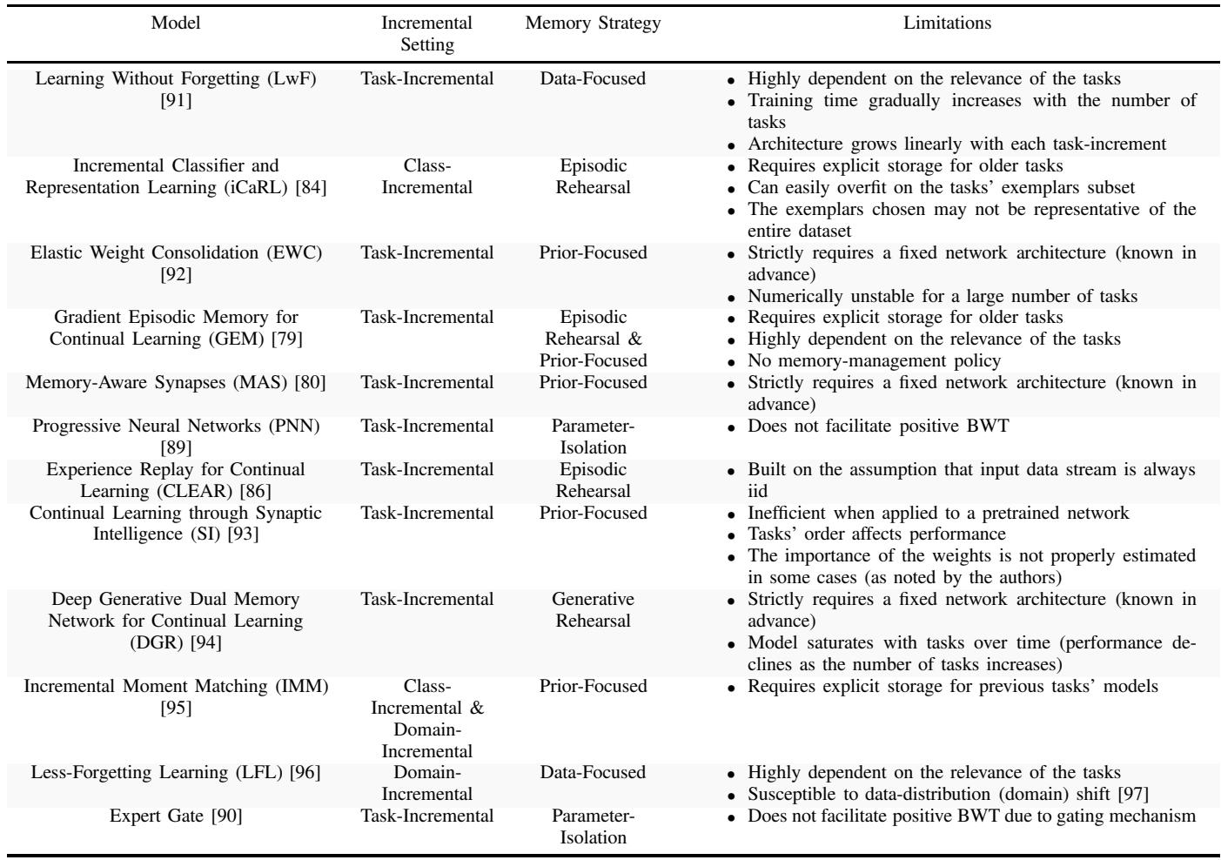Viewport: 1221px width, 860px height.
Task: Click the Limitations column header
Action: pos(947,24)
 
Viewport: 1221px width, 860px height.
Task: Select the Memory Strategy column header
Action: pos(593,24)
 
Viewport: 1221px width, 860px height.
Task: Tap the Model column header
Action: pos(176,24)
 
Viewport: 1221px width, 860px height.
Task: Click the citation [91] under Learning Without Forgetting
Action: pos(176,100)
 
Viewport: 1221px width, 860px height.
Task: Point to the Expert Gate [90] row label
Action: pos(176,816)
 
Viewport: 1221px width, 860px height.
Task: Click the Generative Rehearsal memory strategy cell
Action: pos(593,610)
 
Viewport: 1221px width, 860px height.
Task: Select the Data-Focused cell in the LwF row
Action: pos(593,78)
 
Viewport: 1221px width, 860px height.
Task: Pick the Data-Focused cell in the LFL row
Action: pos(593,772)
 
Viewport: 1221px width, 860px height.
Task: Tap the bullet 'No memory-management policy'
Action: pos(874,360)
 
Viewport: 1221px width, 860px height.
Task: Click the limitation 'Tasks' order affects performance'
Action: pos(876,534)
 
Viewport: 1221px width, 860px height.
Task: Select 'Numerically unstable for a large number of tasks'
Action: pos(942,296)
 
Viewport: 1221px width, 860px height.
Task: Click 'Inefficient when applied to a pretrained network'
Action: pos(938,513)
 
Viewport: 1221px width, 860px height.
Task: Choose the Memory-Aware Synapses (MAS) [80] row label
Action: pos(176,382)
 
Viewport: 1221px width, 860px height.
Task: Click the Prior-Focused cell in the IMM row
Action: pos(593,686)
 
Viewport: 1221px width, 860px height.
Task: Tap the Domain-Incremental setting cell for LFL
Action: pos(426,783)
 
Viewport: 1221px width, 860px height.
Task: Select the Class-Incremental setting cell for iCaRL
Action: pos(426,176)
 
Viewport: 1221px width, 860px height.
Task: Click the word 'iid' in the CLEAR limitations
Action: pos(759,491)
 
